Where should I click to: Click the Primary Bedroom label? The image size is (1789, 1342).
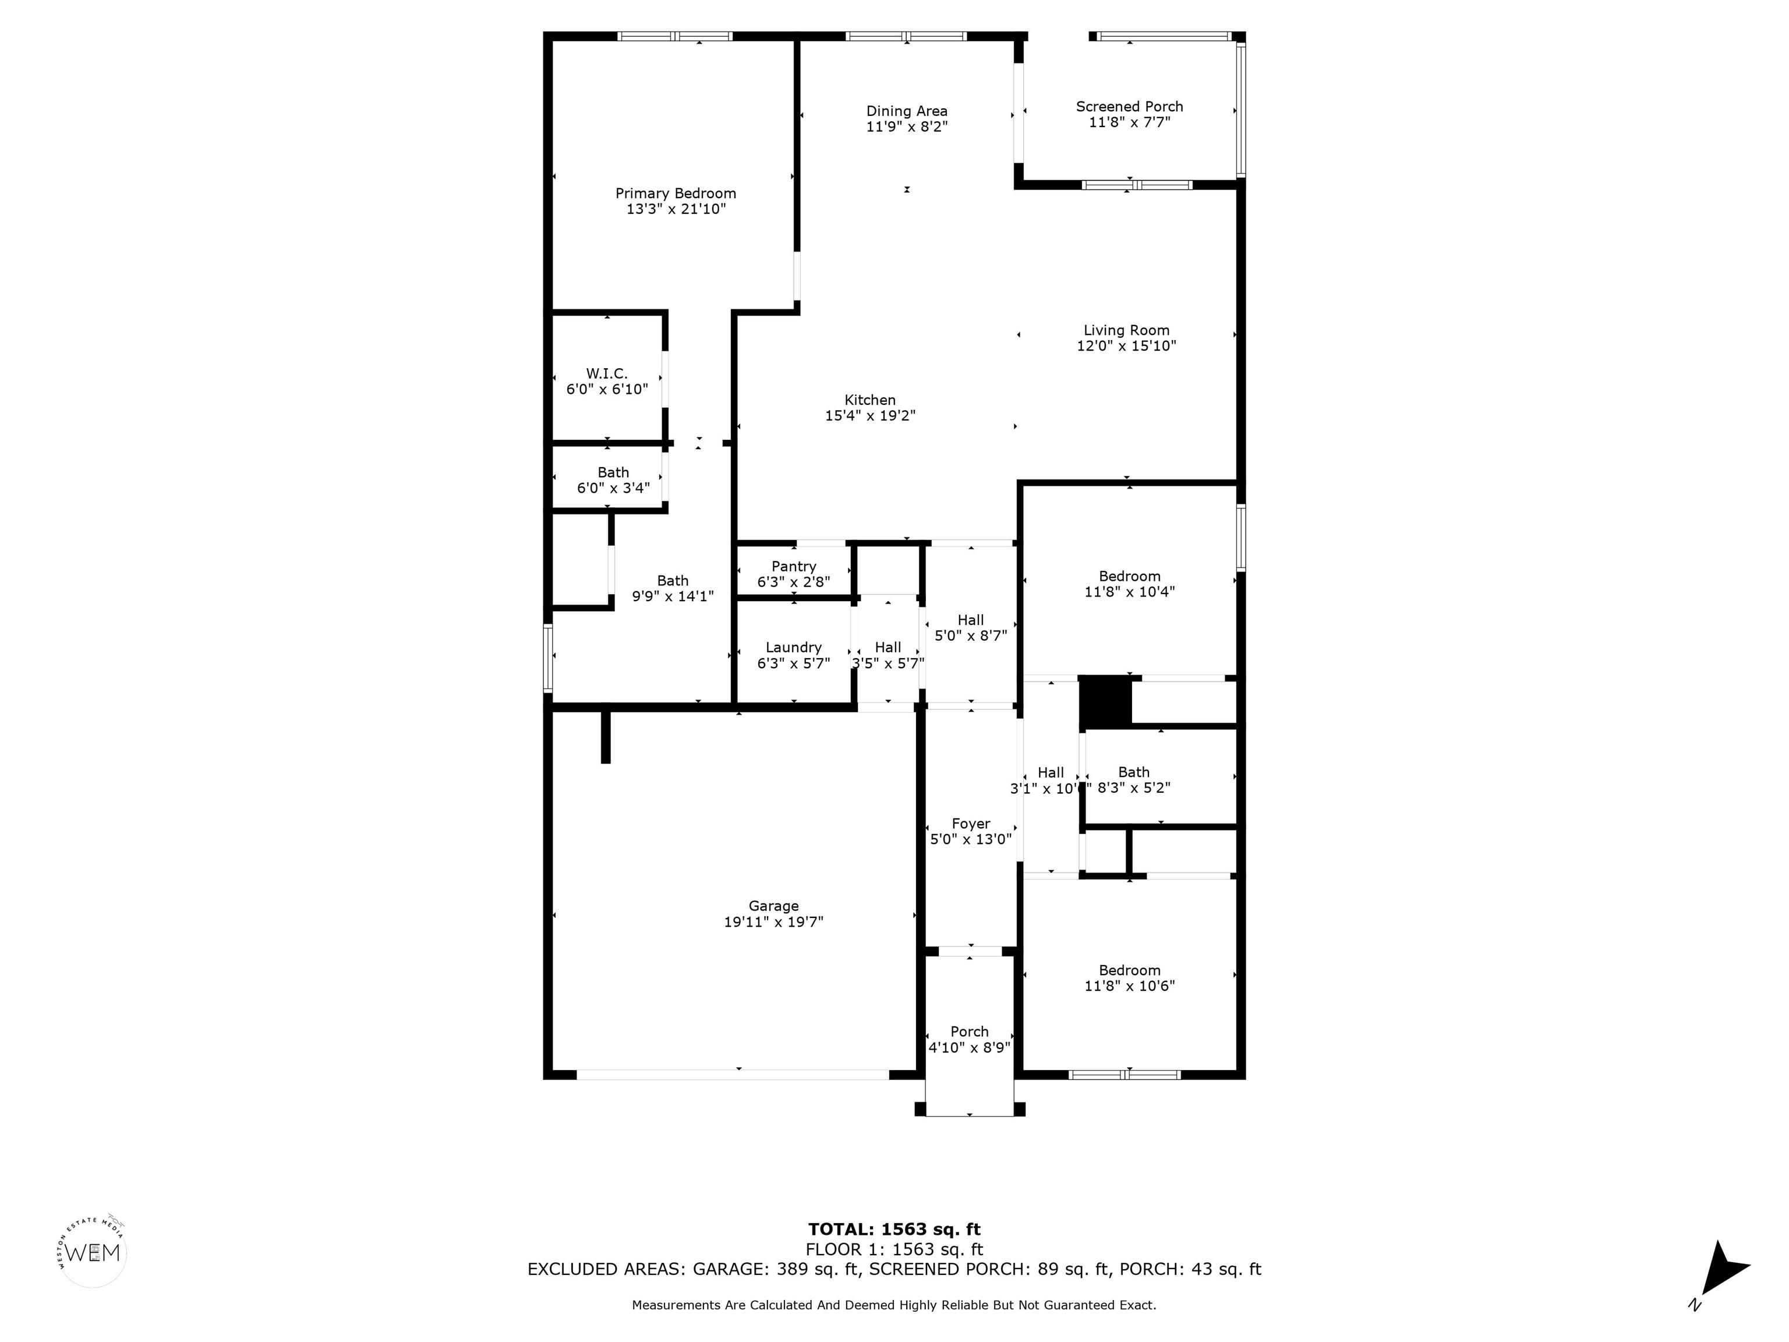click(x=676, y=193)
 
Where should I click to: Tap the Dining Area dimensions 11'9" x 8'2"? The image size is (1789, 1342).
click(x=907, y=127)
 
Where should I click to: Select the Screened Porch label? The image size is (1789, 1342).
click(x=1129, y=107)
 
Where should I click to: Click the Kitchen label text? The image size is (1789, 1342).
click(x=869, y=400)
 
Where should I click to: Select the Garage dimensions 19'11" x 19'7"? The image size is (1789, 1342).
click(x=773, y=921)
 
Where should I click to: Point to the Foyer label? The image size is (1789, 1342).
click(x=971, y=824)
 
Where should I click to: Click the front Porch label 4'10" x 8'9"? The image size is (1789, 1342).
click(x=970, y=1040)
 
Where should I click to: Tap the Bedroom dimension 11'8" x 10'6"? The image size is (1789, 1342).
click(x=1129, y=986)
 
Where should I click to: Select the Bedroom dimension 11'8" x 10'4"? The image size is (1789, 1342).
click(x=1129, y=591)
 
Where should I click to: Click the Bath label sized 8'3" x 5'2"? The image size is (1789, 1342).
click(x=1134, y=780)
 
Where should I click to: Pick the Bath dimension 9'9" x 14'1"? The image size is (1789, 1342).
click(x=672, y=596)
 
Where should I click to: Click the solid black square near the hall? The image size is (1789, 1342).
click(x=1105, y=701)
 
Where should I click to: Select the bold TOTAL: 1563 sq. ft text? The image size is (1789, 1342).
click(x=894, y=1230)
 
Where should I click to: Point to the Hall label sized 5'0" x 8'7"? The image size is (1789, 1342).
click(x=971, y=628)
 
